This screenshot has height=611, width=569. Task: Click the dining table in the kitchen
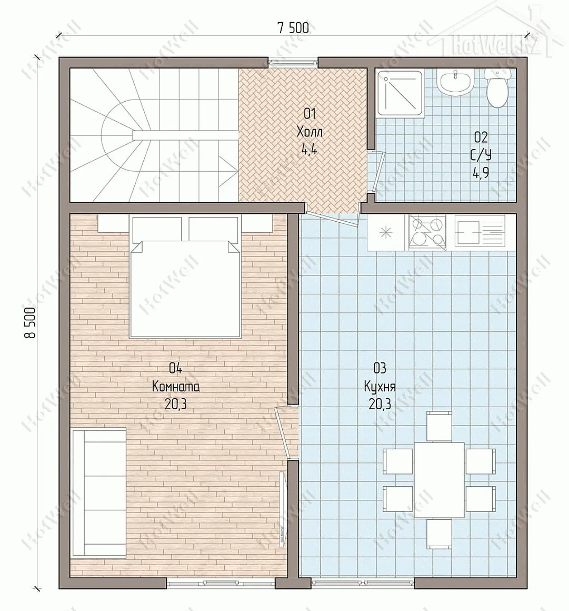(x=439, y=480)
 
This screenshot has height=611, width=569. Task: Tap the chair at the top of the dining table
(x=440, y=426)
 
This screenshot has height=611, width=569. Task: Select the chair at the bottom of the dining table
(x=440, y=533)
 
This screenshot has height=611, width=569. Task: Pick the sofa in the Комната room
(x=98, y=492)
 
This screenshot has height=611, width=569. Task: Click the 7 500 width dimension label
(x=293, y=28)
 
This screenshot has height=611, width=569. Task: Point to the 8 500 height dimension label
(x=31, y=322)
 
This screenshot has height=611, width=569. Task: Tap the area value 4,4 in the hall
(x=309, y=150)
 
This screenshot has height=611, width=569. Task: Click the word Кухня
(x=380, y=387)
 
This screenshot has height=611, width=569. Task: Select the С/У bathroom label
(x=481, y=155)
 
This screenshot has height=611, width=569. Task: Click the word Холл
(x=309, y=132)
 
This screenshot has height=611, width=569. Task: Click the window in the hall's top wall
(x=293, y=61)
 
